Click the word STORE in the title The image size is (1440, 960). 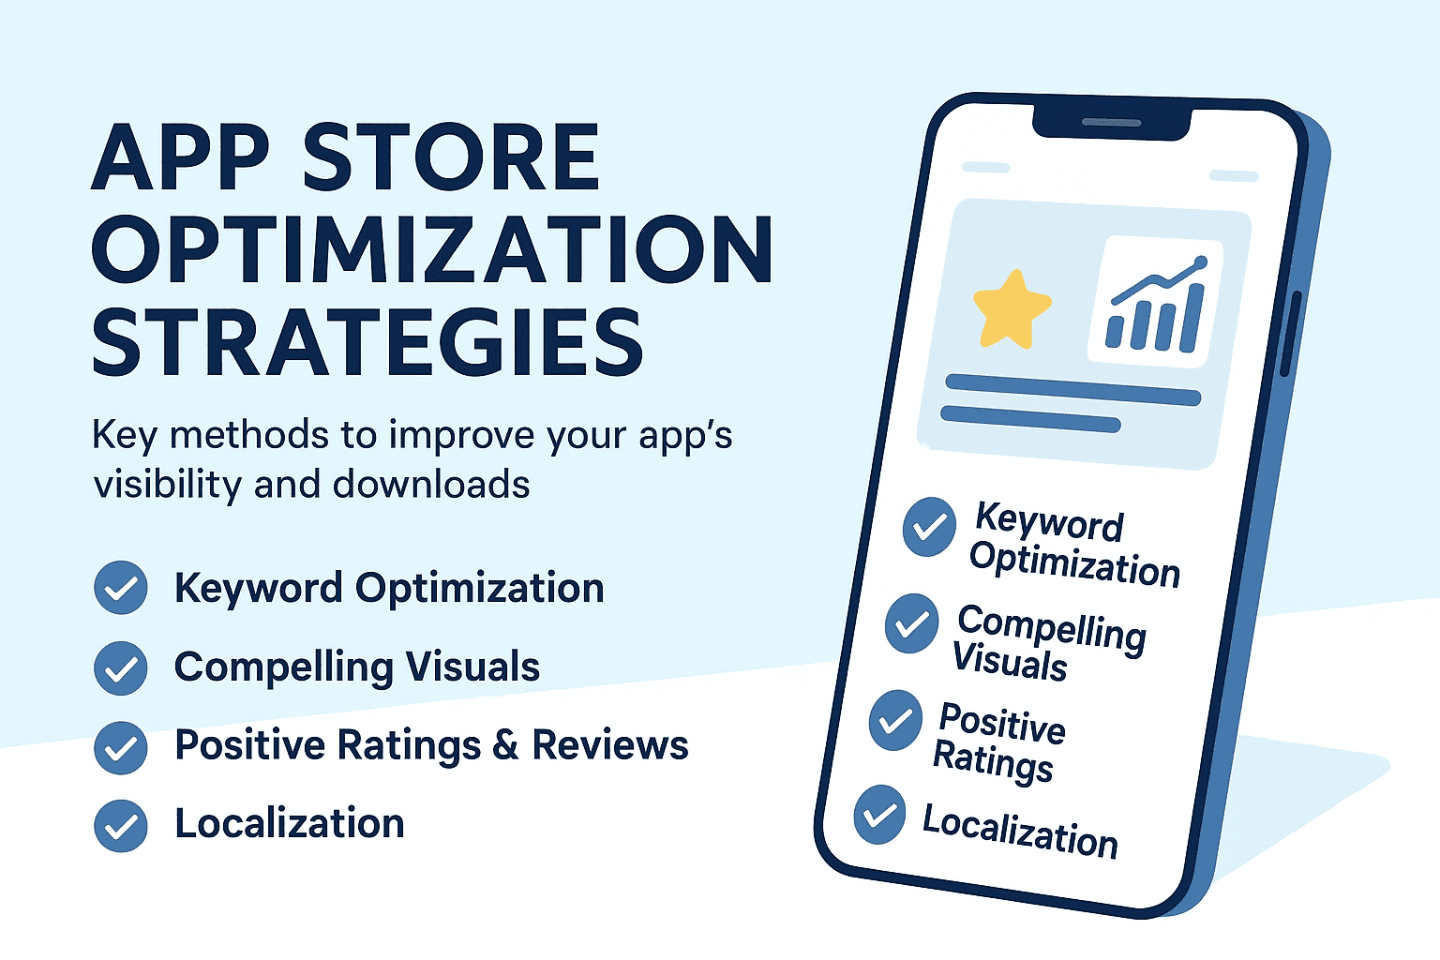pos(451,157)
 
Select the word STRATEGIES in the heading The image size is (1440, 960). pos(367,341)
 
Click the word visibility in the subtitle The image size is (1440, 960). pos(168,485)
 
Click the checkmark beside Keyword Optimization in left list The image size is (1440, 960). pos(121,587)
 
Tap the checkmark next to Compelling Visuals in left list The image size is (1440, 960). pos(121,668)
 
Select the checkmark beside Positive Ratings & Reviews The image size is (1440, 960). pos(121,748)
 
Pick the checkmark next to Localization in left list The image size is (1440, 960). pos(121,826)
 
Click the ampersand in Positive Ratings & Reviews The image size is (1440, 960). pos(506,745)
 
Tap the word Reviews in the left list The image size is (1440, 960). pos(610,745)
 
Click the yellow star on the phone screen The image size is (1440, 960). pos(1012,308)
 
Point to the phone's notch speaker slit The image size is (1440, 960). pos(1112,122)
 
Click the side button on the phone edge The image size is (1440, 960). pos(1290,334)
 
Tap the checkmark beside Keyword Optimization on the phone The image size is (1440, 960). pos(929,527)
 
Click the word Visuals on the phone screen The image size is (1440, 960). pos(1010,661)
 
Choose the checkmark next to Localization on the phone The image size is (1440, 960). pos(879,815)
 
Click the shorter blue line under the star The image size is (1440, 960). pos(1030,418)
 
